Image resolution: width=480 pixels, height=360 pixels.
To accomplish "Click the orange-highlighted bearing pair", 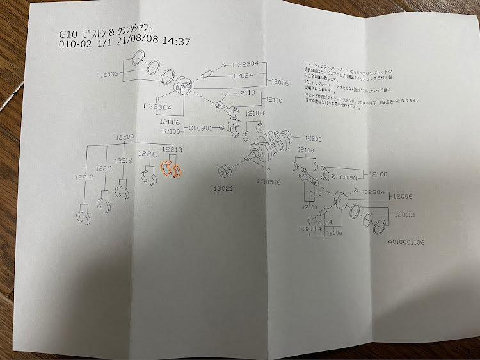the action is tap(171, 168).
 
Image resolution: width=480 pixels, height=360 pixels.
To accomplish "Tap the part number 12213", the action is tap(172, 150).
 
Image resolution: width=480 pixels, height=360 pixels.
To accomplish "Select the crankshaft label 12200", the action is tap(314, 139).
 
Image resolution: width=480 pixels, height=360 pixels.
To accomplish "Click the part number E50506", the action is tap(268, 182).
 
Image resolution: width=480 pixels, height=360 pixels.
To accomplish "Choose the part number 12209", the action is tap(125, 137).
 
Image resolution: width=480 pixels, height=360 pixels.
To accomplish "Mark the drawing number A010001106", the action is tap(405, 242).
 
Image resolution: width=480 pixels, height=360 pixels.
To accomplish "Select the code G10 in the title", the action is tap(67, 33).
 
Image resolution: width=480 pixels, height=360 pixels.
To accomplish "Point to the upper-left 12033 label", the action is tap(109, 74).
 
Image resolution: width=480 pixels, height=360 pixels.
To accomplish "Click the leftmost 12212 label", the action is tap(84, 177).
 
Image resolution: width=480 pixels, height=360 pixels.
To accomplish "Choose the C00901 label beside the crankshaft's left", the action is tap(202, 127).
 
